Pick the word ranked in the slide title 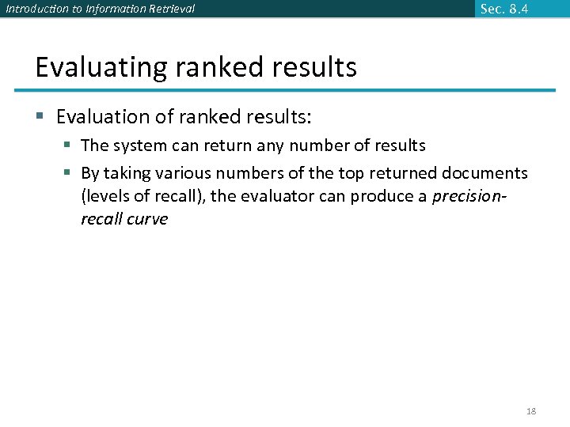pos(213,66)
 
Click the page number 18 pos(531,411)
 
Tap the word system pos(139,145)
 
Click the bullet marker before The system pos(69,145)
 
